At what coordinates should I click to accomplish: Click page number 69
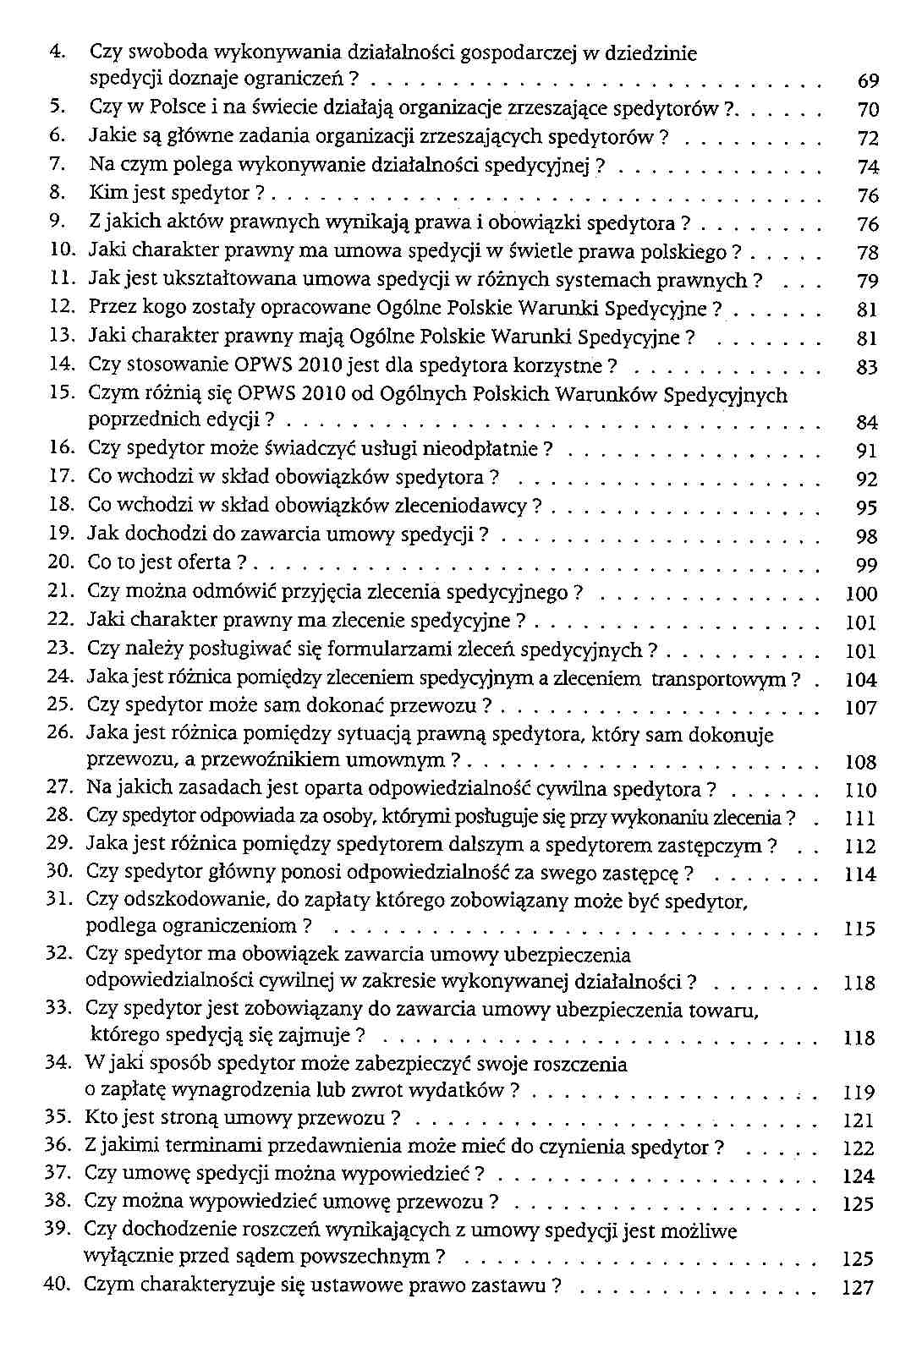(868, 82)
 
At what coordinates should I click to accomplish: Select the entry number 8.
(58, 194)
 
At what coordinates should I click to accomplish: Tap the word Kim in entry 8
(106, 194)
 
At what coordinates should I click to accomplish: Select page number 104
(861, 680)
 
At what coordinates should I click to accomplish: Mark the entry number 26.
(57, 732)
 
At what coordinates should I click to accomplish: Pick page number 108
(861, 763)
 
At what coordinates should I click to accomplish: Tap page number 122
(859, 1149)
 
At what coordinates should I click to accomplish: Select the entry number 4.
(58, 52)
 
